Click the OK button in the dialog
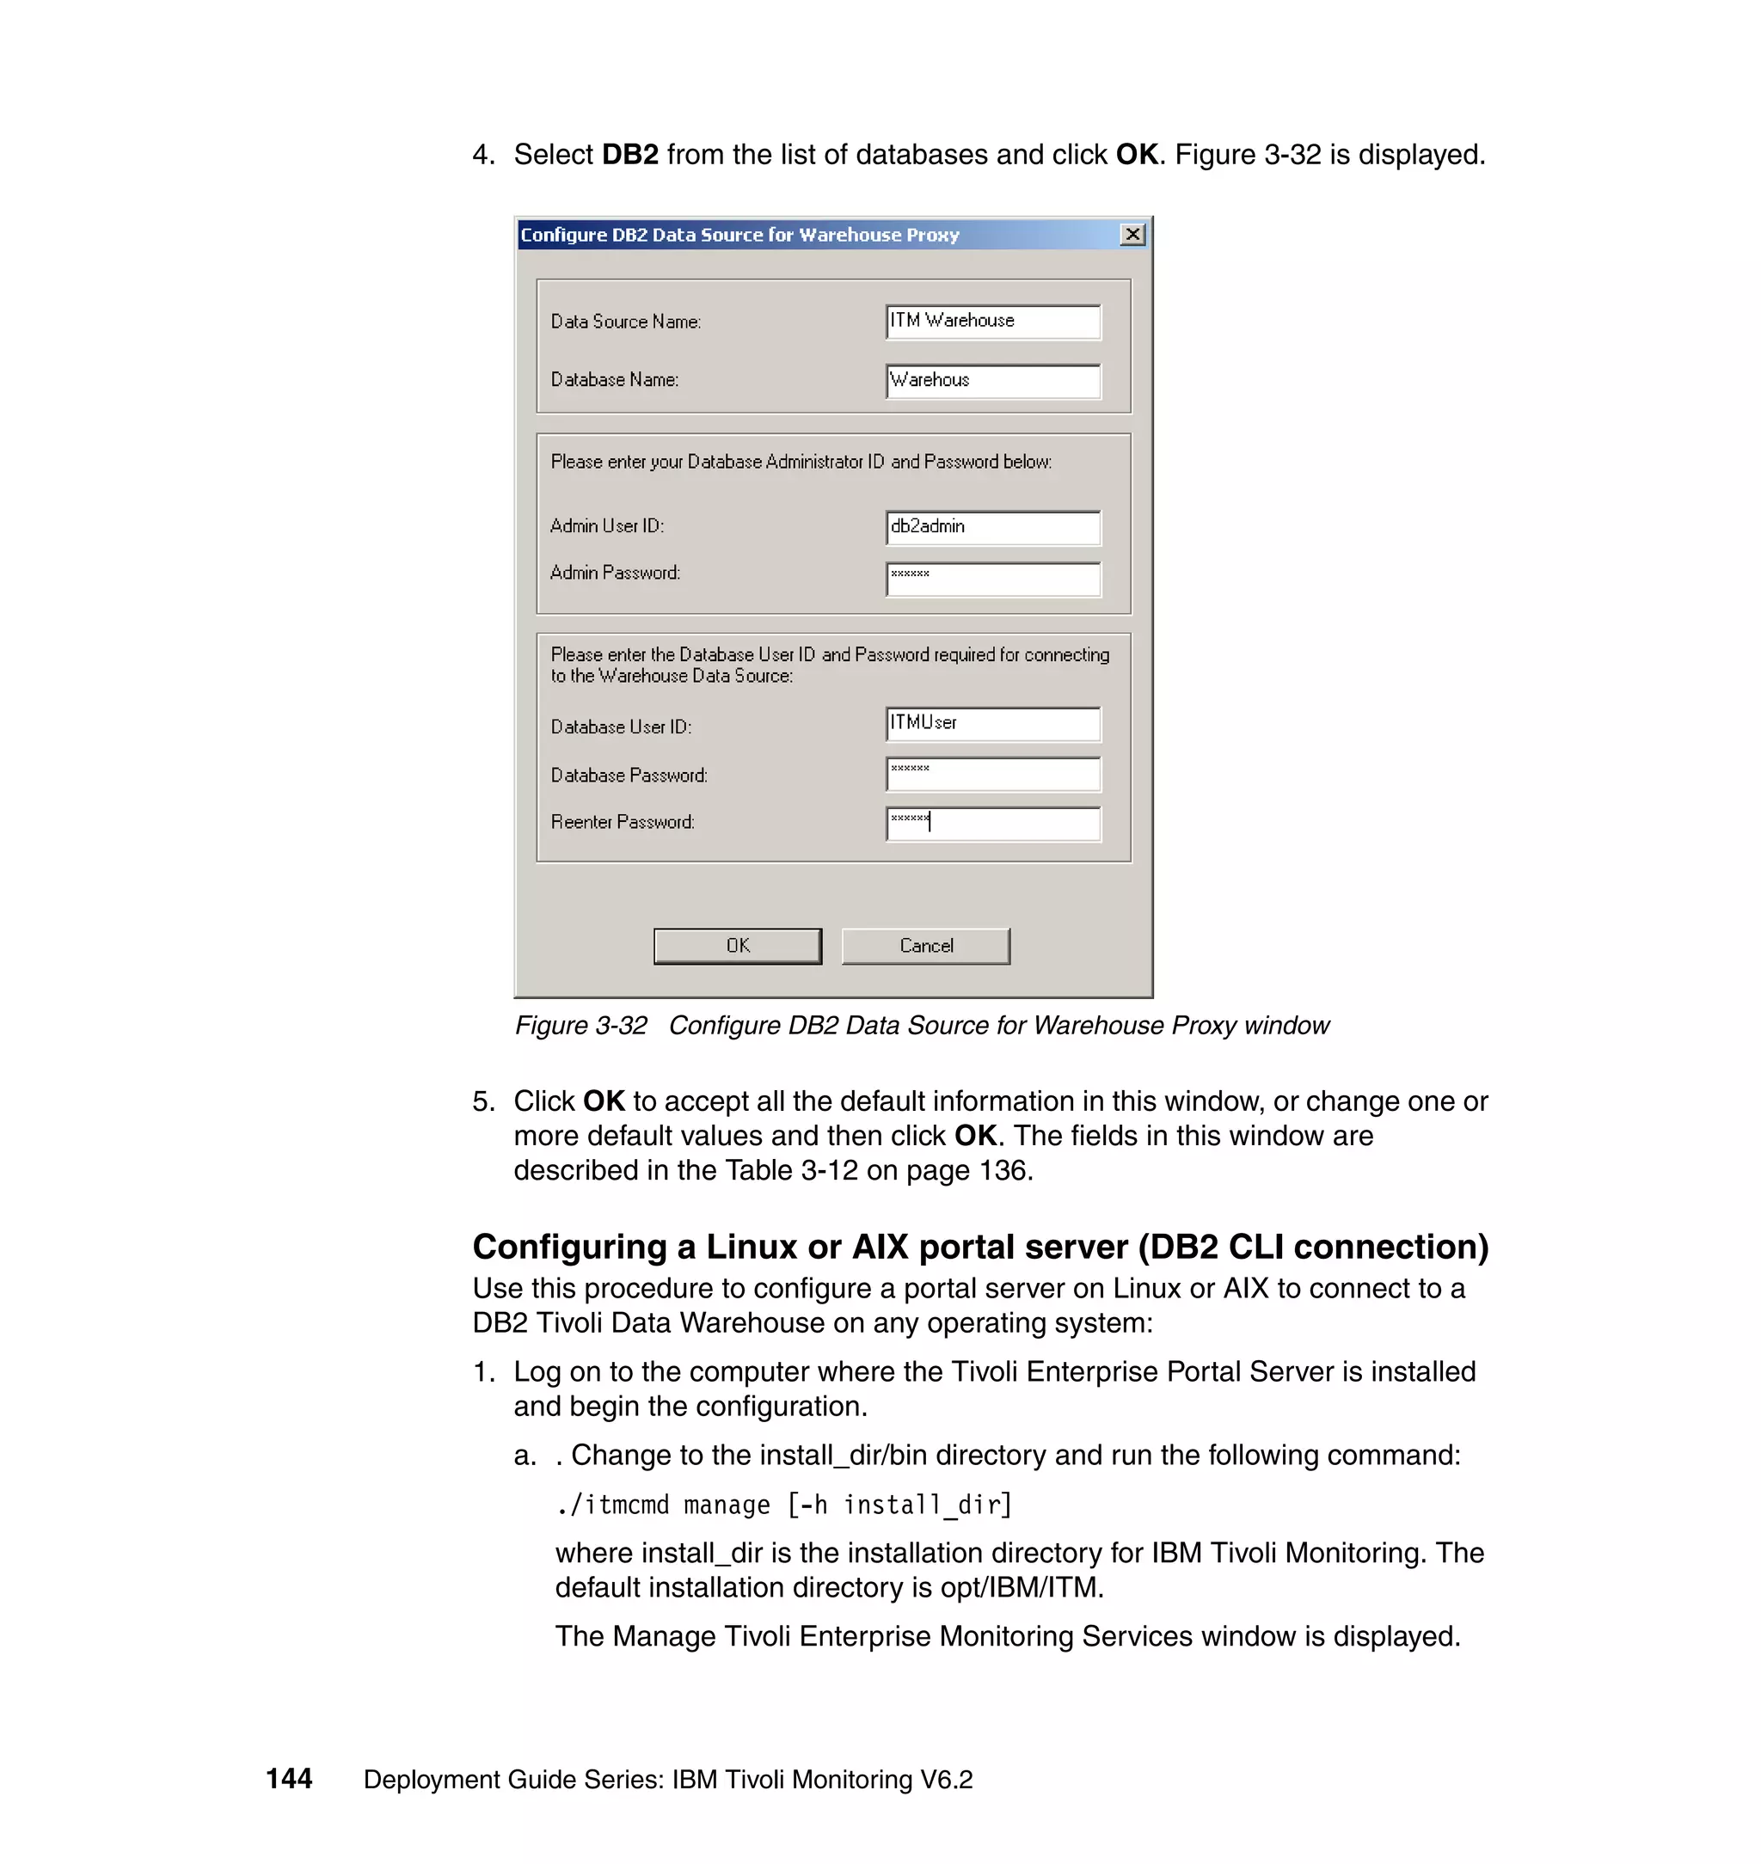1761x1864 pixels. (737, 945)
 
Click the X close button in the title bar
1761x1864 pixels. (1132, 234)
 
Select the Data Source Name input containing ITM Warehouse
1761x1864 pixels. (992, 321)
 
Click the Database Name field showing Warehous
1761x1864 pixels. (992, 380)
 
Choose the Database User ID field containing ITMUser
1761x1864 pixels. (992, 723)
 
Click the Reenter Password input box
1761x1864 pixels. (992, 823)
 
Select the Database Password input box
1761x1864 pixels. (992, 774)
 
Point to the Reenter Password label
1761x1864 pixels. (623, 822)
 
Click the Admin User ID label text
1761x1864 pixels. (606, 525)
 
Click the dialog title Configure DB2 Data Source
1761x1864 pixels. (739, 235)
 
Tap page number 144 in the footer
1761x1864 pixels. (288, 1779)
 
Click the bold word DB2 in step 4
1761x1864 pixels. (630, 155)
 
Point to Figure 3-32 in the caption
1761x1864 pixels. (580, 1025)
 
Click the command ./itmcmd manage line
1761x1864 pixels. (782, 1505)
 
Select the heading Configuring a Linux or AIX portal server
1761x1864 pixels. (980, 1247)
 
